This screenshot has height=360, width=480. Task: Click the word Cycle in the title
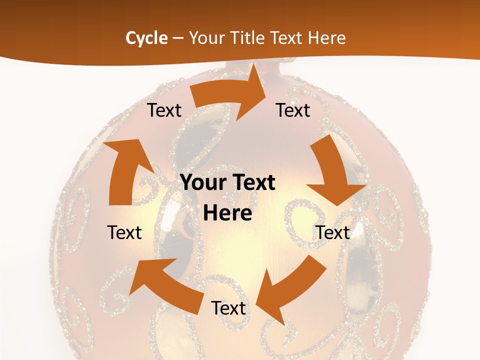coord(146,38)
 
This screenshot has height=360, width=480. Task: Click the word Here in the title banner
coord(328,38)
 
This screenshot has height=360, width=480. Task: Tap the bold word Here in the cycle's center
coord(227,213)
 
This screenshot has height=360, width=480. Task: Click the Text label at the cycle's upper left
coord(164,110)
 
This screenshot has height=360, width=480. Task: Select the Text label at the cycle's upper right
coord(293,110)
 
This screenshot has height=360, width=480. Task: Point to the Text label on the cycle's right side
coord(332,232)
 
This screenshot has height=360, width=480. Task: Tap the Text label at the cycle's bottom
coord(228,308)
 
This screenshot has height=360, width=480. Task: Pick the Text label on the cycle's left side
coord(125,232)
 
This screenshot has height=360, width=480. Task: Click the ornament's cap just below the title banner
coord(260,69)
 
